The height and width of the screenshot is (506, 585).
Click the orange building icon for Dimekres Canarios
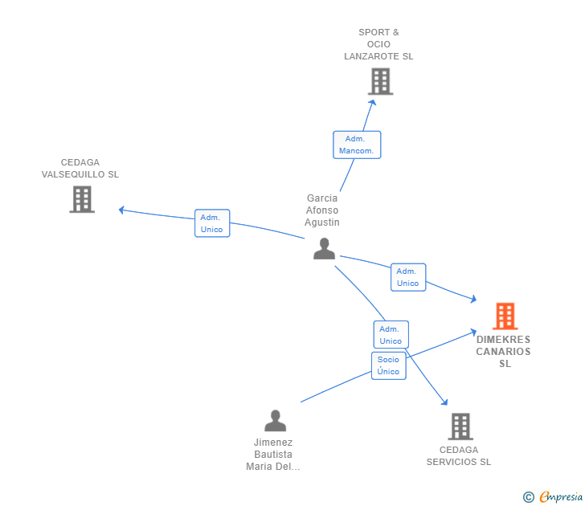(505, 316)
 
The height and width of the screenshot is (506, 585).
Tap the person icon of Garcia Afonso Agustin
(324, 248)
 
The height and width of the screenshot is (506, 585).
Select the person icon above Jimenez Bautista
(276, 420)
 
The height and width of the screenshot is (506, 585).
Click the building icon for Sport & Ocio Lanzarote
(381, 81)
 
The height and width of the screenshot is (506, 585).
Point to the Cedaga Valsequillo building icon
(82, 199)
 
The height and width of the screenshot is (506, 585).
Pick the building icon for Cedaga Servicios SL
(460, 426)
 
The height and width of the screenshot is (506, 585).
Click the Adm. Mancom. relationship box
(357, 145)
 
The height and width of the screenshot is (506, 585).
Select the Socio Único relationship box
(389, 365)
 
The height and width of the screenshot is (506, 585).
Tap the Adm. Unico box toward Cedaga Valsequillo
(212, 223)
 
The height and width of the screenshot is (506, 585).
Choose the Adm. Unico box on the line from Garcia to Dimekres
(408, 277)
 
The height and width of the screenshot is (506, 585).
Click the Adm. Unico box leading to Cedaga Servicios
(391, 334)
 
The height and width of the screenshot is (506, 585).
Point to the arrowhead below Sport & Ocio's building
(372, 103)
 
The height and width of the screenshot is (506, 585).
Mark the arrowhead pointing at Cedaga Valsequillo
(121, 210)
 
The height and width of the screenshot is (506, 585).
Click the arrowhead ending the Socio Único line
(473, 332)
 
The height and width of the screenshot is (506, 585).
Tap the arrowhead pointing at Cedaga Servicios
(444, 402)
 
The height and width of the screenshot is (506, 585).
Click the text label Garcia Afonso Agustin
(322, 210)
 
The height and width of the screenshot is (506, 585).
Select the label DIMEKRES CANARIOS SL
(503, 351)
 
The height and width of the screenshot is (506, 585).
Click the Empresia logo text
(561, 496)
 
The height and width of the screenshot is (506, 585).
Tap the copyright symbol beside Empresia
(528, 497)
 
